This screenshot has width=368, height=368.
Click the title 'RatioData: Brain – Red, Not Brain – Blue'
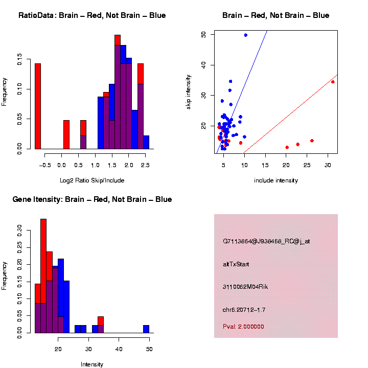(92, 15)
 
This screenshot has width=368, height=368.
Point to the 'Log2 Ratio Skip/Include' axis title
(92, 180)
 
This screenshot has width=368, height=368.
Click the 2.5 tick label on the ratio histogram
(146, 165)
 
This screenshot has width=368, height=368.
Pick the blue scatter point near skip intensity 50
(246, 35)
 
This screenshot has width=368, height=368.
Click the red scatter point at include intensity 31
(333, 82)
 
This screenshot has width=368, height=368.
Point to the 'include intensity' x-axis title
(276, 180)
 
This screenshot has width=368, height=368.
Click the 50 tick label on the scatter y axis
(203, 34)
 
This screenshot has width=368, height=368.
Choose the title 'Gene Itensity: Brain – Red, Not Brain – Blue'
(92, 199)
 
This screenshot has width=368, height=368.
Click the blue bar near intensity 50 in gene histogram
(146, 329)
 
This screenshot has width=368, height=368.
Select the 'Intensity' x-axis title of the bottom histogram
(92, 364)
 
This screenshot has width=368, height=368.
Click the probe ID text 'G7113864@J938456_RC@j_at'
(266, 241)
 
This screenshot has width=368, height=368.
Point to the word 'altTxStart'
(236, 264)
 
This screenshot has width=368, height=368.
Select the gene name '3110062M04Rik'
(245, 287)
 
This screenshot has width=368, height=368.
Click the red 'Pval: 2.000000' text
(243, 327)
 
